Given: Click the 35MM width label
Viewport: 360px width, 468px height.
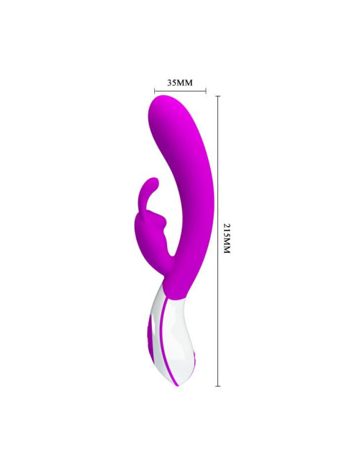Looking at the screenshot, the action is pos(180,83).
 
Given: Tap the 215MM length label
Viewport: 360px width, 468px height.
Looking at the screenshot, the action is pos(228,238).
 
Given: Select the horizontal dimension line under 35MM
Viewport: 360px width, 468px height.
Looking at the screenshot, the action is pos(180,91).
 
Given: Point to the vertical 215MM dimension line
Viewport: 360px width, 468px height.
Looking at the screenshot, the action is pos(218,241).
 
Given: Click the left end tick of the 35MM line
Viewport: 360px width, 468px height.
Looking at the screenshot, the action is pos(154,91).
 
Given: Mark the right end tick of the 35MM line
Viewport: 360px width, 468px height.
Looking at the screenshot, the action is pos(206,91).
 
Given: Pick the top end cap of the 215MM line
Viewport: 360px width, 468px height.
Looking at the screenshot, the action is pos(218,96).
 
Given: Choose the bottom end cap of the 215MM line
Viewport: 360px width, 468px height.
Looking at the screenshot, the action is pos(218,386).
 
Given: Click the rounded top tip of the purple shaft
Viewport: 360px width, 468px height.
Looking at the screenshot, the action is pos(163,97).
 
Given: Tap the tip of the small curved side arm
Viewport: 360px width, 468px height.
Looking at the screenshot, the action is pos(155,180).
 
